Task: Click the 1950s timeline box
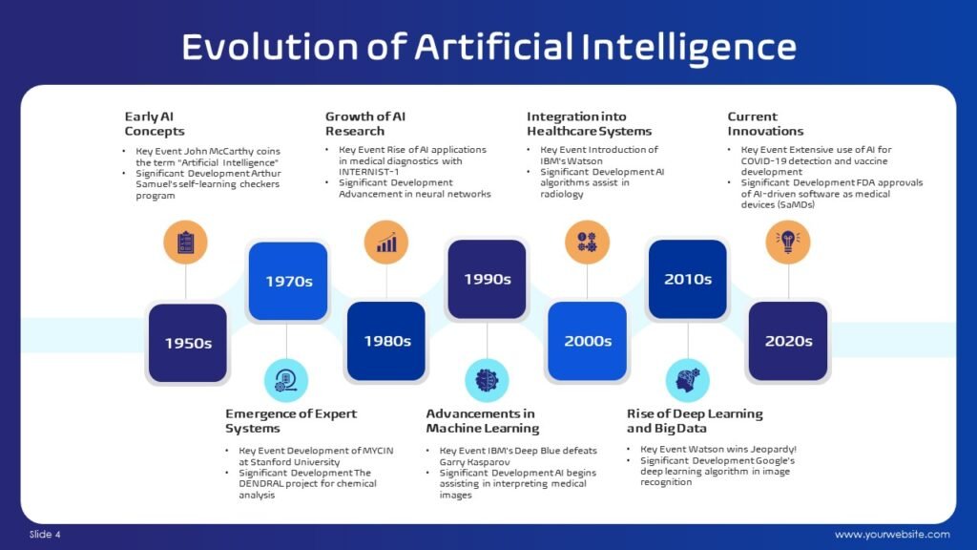[x=188, y=343]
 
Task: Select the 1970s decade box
[x=288, y=282]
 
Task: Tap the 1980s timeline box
[x=386, y=341]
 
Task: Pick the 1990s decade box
[x=487, y=280]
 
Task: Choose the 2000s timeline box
[x=587, y=341]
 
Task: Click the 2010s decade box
[x=687, y=280]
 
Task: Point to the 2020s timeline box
[x=788, y=341]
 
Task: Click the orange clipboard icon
[x=186, y=242]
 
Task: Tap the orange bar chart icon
[x=386, y=242]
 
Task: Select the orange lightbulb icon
[x=788, y=242]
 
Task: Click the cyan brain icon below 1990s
[x=487, y=380]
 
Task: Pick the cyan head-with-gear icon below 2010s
[x=687, y=380]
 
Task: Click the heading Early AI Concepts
[x=155, y=123]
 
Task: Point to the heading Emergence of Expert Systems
[x=291, y=421]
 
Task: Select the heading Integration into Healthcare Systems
[x=589, y=123]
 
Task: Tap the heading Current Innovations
[x=765, y=123]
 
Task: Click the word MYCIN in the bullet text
[x=378, y=451]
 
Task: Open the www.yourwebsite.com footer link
[x=892, y=535]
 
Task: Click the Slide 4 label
[x=45, y=535]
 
